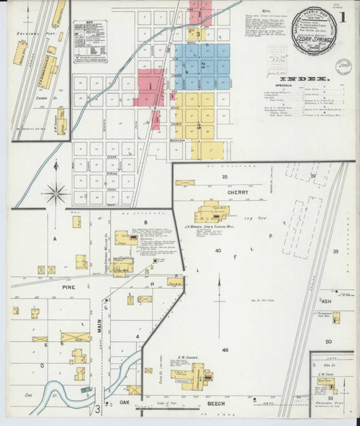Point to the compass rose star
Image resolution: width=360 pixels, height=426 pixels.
pos(55,193)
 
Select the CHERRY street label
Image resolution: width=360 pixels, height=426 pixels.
pos(238,193)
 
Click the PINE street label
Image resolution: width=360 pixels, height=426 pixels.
pos(60,287)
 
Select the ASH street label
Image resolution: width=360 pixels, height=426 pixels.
pos(326,302)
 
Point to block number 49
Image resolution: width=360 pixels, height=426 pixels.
pos(225,350)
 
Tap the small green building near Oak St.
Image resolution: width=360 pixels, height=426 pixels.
pos(86,389)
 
